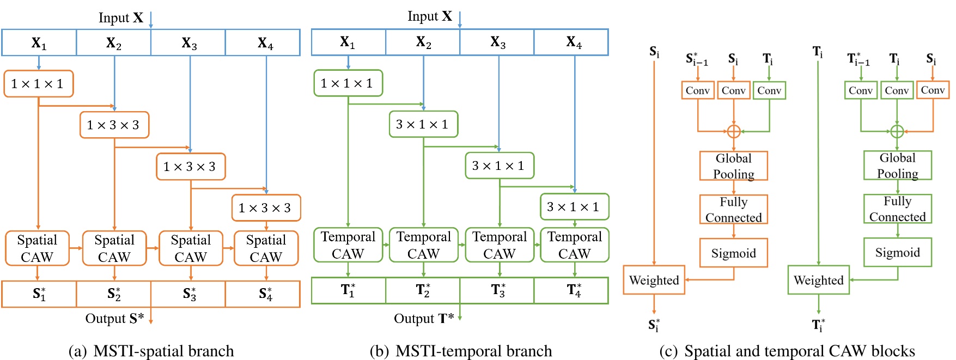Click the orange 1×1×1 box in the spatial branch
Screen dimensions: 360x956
point(38,84)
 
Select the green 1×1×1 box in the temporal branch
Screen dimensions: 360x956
point(348,83)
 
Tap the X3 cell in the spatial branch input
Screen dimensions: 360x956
point(188,42)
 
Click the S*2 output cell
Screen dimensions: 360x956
point(114,294)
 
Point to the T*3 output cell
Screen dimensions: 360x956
point(497,290)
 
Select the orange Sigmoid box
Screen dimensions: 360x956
point(733,253)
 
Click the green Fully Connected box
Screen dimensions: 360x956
point(897,209)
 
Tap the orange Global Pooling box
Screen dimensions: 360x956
point(733,166)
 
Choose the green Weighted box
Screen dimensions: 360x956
point(818,280)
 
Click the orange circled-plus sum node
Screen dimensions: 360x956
point(734,131)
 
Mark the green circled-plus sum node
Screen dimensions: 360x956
point(897,131)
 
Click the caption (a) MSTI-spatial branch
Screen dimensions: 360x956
point(151,351)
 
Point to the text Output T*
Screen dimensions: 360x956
point(424,319)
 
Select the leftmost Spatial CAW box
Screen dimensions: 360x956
point(37,248)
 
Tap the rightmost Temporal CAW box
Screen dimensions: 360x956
point(574,245)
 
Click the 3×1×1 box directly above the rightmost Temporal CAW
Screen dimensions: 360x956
point(574,207)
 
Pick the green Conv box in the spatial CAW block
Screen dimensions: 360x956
point(769,90)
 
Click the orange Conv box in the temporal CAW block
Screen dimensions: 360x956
point(933,90)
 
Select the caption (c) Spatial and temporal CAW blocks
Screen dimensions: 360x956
point(787,351)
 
